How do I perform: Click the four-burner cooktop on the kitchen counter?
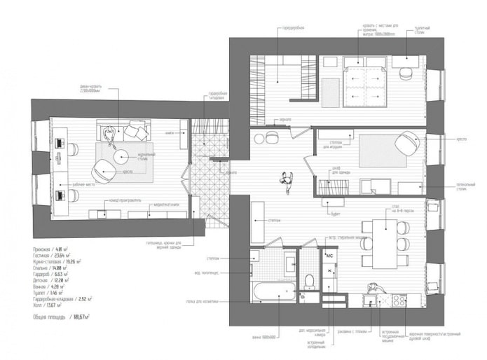pyautogui.click(x=398, y=300)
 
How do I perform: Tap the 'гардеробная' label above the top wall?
pyautogui.click(x=292, y=29)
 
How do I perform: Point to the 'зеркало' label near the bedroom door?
pyautogui.click(x=282, y=120)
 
